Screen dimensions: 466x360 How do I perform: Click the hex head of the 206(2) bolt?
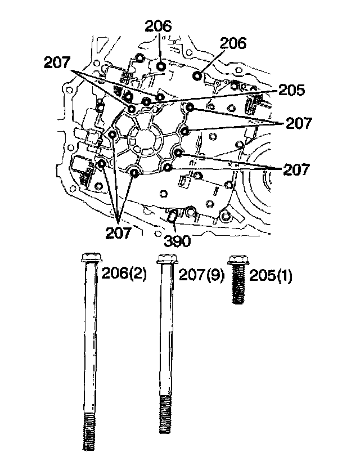click(91, 258)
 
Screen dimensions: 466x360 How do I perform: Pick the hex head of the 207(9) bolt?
click(165, 259)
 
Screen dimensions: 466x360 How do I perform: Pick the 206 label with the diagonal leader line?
click(232, 44)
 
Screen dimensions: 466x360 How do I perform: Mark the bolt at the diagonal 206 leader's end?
click(197, 75)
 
